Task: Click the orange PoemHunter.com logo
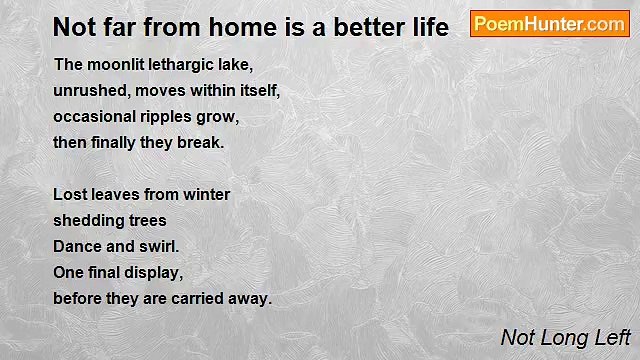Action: click(549, 24)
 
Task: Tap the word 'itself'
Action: click(256, 91)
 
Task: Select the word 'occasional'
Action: click(94, 117)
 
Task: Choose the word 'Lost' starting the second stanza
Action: click(69, 194)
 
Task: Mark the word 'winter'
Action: click(206, 194)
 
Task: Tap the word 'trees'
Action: click(146, 220)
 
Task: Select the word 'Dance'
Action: click(76, 246)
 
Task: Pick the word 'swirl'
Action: click(158, 246)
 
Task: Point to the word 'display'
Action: click(156, 272)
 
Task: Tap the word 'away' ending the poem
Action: click(251, 298)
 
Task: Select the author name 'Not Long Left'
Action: click(565, 338)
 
